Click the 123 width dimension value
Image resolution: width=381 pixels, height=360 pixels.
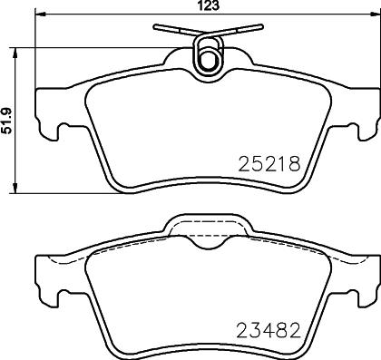coord(209,5)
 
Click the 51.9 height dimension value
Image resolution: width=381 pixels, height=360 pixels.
coord(6,121)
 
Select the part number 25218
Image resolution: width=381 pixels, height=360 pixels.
coord(269,164)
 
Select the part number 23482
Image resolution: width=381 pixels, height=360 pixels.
coord(269,330)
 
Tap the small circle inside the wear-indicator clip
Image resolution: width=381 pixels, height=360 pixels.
coord(208,60)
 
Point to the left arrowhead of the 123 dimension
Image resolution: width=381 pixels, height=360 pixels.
coord(41,14)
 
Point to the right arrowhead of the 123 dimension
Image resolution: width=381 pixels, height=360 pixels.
coord(376,14)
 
